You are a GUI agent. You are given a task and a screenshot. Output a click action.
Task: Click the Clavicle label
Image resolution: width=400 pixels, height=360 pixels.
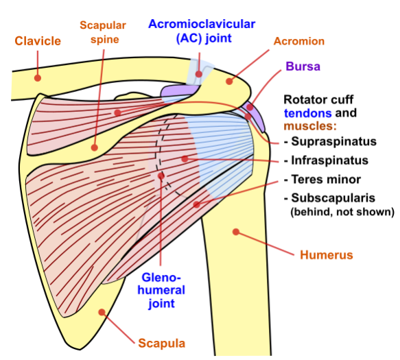(38, 41)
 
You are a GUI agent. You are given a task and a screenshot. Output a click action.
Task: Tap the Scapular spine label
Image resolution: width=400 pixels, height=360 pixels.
(103, 32)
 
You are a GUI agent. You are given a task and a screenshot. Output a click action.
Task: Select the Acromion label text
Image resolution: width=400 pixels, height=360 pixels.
(299, 41)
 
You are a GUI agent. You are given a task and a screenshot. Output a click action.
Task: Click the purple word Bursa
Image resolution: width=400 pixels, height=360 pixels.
(303, 67)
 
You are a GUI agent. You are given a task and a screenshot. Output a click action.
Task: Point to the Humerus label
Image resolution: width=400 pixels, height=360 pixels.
(327, 254)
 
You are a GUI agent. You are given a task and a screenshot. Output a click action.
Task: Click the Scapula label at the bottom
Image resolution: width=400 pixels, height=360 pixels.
(162, 343)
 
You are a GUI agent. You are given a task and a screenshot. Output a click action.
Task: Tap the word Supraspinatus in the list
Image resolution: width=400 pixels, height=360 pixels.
(334, 141)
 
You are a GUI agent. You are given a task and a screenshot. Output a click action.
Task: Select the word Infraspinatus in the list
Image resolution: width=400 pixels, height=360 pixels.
(330, 160)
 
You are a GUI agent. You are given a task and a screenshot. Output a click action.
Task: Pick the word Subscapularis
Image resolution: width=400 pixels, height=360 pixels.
(333, 198)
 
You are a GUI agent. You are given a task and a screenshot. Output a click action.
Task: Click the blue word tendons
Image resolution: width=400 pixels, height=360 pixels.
(308, 113)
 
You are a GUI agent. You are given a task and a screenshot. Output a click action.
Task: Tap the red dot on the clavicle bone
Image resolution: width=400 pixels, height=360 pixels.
(38, 78)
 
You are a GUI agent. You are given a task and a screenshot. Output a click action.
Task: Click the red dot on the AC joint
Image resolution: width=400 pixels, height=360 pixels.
(199, 74)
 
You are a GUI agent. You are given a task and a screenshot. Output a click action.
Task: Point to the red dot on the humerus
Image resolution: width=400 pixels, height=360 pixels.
(236, 232)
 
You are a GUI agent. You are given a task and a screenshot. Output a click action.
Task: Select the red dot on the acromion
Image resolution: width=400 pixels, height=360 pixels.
(229, 82)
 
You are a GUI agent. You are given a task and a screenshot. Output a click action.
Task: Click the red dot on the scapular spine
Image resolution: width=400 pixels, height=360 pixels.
(95, 147)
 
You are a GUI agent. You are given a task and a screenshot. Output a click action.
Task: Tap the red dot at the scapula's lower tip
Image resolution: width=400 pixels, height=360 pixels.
(102, 312)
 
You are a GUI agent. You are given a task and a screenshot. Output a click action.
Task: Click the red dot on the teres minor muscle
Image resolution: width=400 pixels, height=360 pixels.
(196, 204)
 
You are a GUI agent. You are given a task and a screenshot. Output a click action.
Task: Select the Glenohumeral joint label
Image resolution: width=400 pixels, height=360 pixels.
(161, 290)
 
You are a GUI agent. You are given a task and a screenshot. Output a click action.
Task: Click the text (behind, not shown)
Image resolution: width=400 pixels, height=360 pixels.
(342, 212)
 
